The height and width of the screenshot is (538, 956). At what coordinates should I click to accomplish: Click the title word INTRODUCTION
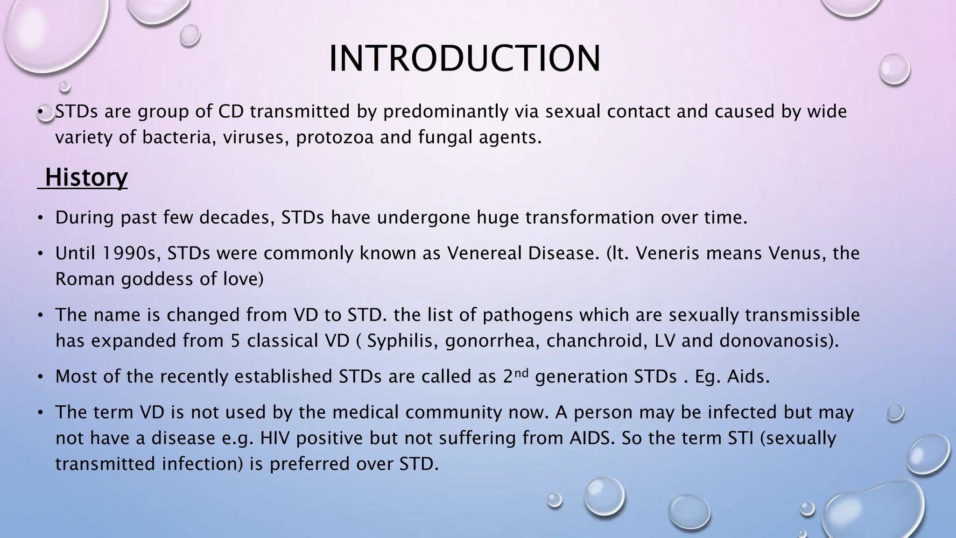464,59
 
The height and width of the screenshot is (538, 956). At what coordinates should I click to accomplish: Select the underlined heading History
86,177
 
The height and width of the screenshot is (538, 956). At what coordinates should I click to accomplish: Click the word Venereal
484,253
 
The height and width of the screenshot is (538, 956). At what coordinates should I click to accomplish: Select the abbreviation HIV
275,438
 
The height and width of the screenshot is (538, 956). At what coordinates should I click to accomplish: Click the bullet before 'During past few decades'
41,218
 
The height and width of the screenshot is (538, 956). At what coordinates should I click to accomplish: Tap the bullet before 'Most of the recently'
41,377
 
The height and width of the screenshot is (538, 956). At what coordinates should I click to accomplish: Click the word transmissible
802,315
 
